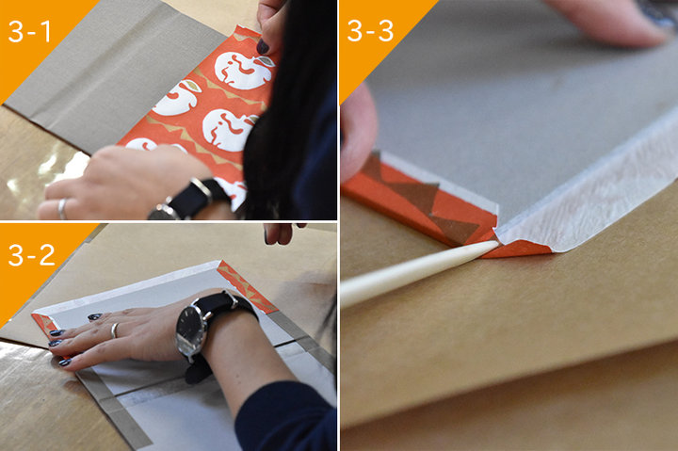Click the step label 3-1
click(x=29, y=32)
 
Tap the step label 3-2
click(x=32, y=255)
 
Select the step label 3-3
click(x=370, y=31)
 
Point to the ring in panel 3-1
click(x=63, y=208)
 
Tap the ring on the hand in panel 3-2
click(x=115, y=330)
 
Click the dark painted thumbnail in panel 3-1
click(x=263, y=46)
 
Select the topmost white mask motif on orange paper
click(x=244, y=71)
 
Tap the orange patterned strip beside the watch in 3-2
click(x=246, y=286)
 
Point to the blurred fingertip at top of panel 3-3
click(x=605, y=22)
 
